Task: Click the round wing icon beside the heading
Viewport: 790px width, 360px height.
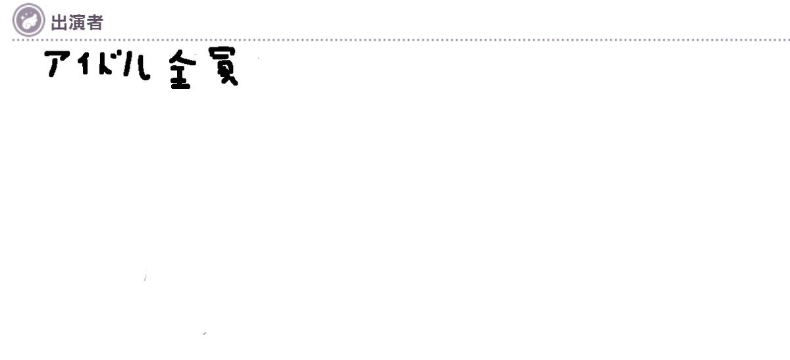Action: pos(28,20)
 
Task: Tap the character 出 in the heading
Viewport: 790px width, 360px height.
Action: pos(59,22)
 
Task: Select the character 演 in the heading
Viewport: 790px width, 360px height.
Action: pos(76,22)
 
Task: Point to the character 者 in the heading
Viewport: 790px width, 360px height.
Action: pos(95,22)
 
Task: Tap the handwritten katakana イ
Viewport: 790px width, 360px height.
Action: pos(83,63)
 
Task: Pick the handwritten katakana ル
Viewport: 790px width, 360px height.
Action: pos(137,65)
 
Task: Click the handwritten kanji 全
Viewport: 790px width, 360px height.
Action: pos(182,69)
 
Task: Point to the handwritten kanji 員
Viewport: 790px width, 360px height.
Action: pos(223,66)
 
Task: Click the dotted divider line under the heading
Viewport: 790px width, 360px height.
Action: pos(401,40)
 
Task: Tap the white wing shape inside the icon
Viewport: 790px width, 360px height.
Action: pos(30,21)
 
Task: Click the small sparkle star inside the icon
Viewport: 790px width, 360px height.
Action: pos(23,16)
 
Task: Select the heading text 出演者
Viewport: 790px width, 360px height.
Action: pos(77,22)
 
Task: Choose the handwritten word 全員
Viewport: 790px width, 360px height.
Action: pos(203,68)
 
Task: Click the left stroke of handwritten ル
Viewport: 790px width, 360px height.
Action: pos(127,64)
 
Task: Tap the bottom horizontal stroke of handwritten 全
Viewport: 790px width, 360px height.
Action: pos(180,86)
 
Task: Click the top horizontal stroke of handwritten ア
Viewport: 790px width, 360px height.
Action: pos(57,54)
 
